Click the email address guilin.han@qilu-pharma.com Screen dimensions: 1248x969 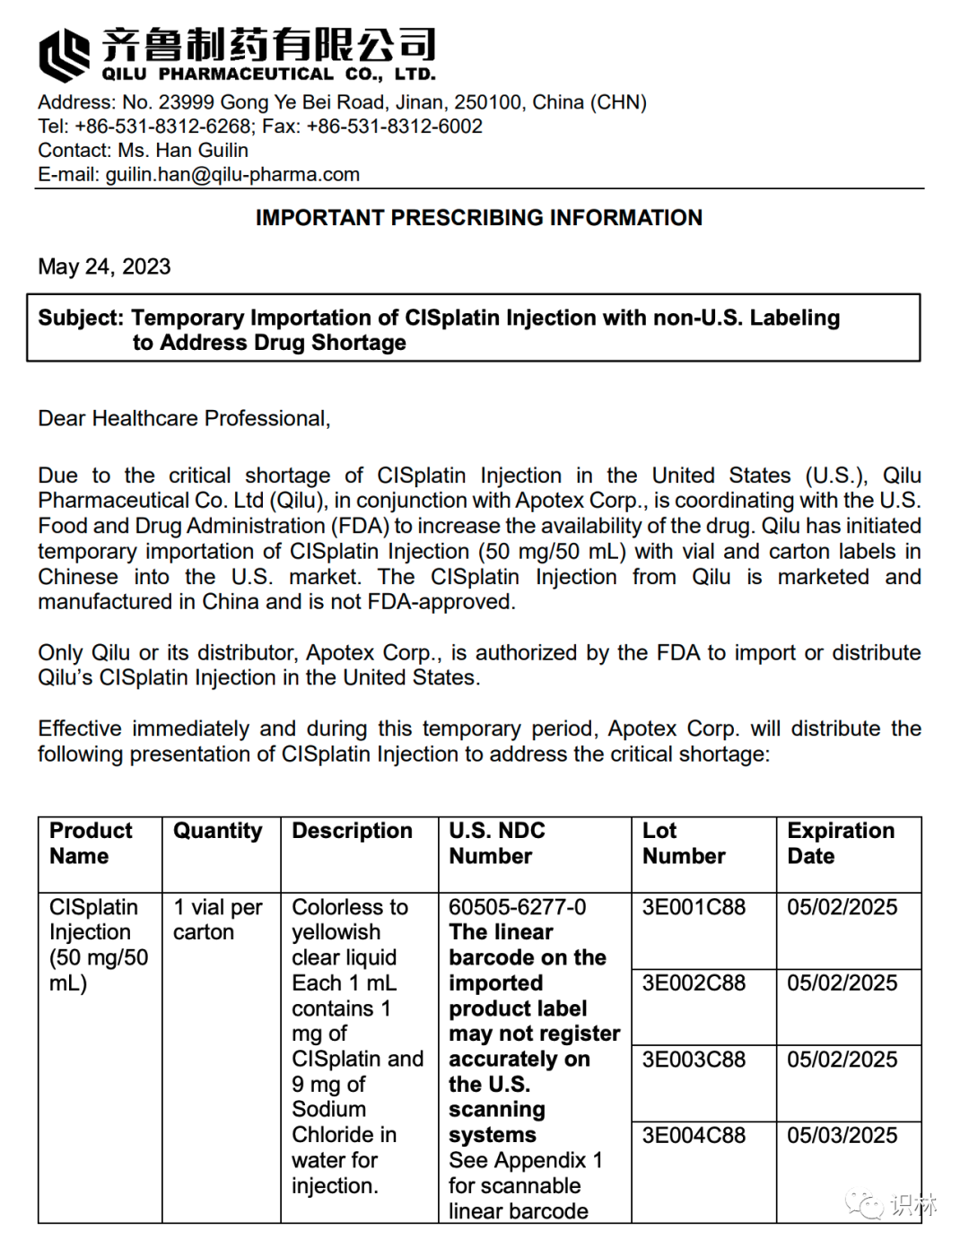pyautogui.click(x=232, y=175)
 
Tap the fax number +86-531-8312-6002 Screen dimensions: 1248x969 pyautogui.click(x=395, y=127)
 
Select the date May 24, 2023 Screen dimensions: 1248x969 pyautogui.click(x=104, y=266)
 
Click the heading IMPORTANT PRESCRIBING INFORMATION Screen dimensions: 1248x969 pyautogui.click(x=479, y=218)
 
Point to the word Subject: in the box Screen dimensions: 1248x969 pyautogui.click(x=81, y=318)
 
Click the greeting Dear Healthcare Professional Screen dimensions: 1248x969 pyautogui.click(x=184, y=418)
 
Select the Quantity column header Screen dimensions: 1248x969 pyautogui.click(x=218, y=831)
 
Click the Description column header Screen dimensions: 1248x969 pyautogui.click(x=353, y=831)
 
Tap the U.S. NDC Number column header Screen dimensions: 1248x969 pyautogui.click(x=497, y=843)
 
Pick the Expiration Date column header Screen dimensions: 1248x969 pyautogui.click(x=841, y=843)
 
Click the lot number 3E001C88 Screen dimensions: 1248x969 pyautogui.click(x=694, y=907)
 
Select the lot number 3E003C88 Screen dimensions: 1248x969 pyautogui.click(x=694, y=1060)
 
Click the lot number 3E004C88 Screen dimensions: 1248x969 pyautogui.click(x=694, y=1136)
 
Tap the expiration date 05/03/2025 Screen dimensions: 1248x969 pyautogui.click(x=842, y=1136)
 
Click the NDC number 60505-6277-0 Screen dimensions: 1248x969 pyautogui.click(x=518, y=907)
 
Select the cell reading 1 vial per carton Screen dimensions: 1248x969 pyautogui.click(x=218, y=920)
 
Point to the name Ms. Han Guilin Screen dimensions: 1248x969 pyautogui.click(x=183, y=151)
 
